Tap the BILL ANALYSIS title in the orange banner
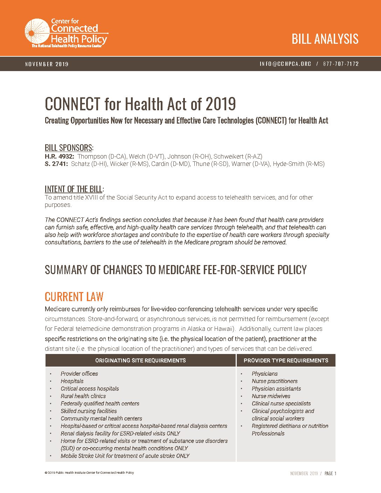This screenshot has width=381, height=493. click(x=325, y=39)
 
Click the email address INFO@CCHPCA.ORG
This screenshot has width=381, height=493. click(x=285, y=64)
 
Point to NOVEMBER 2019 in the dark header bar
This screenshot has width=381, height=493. click(x=47, y=64)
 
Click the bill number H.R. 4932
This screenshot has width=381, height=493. click(x=59, y=157)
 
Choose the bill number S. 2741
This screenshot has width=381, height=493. click(x=56, y=164)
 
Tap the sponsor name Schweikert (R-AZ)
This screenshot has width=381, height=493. click(x=238, y=157)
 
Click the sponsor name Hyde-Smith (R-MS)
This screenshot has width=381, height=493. click(x=299, y=164)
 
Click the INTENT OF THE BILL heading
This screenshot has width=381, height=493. click(x=74, y=189)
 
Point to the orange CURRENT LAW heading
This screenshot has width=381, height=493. click(x=74, y=297)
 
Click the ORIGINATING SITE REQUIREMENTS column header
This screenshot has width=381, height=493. click(x=140, y=360)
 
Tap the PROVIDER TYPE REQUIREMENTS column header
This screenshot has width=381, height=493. click(x=286, y=360)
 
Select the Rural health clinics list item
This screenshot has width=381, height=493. click(x=83, y=396)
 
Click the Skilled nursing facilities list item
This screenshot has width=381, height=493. click(x=89, y=411)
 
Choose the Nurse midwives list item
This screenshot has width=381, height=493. click(x=271, y=396)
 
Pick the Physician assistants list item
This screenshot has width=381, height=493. click(x=276, y=389)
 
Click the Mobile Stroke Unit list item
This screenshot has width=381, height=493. click(x=125, y=456)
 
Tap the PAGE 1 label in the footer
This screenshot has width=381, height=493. click(x=330, y=473)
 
